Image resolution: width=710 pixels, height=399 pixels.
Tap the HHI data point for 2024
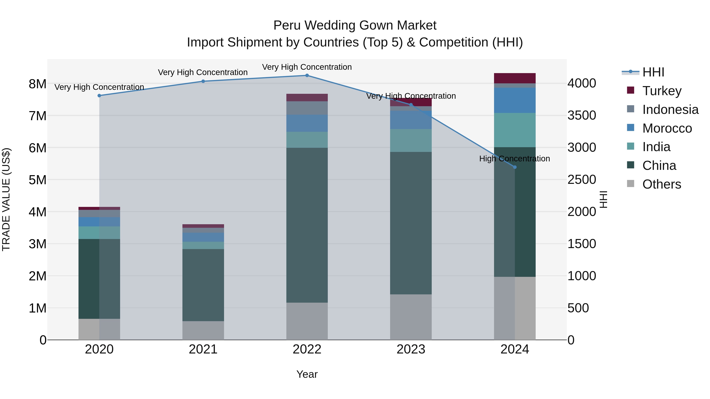515,167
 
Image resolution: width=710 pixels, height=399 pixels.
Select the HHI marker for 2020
99,96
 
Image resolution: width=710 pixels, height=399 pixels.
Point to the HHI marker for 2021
203,81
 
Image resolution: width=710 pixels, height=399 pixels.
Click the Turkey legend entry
662,91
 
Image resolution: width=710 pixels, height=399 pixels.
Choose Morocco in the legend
667,128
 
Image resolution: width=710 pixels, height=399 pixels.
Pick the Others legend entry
661,184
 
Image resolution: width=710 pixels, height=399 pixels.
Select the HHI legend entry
653,72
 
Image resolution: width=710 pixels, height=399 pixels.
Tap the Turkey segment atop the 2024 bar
515,78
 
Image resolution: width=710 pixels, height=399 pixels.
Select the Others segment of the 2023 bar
411,317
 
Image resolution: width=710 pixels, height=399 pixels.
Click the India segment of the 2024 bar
515,130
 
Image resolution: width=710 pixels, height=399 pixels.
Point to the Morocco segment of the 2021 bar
203,237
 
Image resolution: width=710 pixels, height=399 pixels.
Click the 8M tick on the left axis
37,84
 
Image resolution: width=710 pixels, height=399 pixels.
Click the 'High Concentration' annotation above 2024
514,159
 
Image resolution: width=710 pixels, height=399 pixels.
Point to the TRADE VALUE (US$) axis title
6,199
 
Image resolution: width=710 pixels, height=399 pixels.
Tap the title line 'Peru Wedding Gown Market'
355,25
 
